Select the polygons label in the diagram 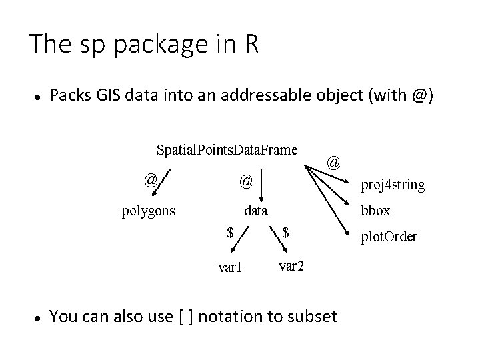coord(148,212)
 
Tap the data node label coord(255,212)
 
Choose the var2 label coord(292,266)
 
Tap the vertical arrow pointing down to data coord(261,184)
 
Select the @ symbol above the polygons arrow coord(151,179)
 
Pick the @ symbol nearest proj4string coord(335,162)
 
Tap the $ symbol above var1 coord(229,233)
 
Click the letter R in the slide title coord(250,45)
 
